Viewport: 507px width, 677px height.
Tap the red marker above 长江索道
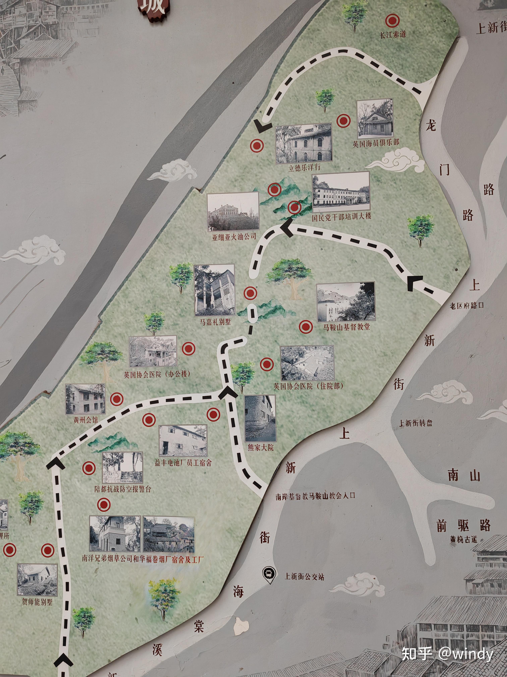[x=392, y=21]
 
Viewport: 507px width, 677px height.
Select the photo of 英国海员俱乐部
[x=375, y=118]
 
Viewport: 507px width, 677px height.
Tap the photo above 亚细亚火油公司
[x=233, y=212]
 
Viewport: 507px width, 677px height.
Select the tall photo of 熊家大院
[x=260, y=418]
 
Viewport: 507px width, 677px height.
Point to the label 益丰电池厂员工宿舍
[x=183, y=463]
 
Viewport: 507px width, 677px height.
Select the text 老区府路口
[x=466, y=305]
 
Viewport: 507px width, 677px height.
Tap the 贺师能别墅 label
[x=37, y=602]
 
